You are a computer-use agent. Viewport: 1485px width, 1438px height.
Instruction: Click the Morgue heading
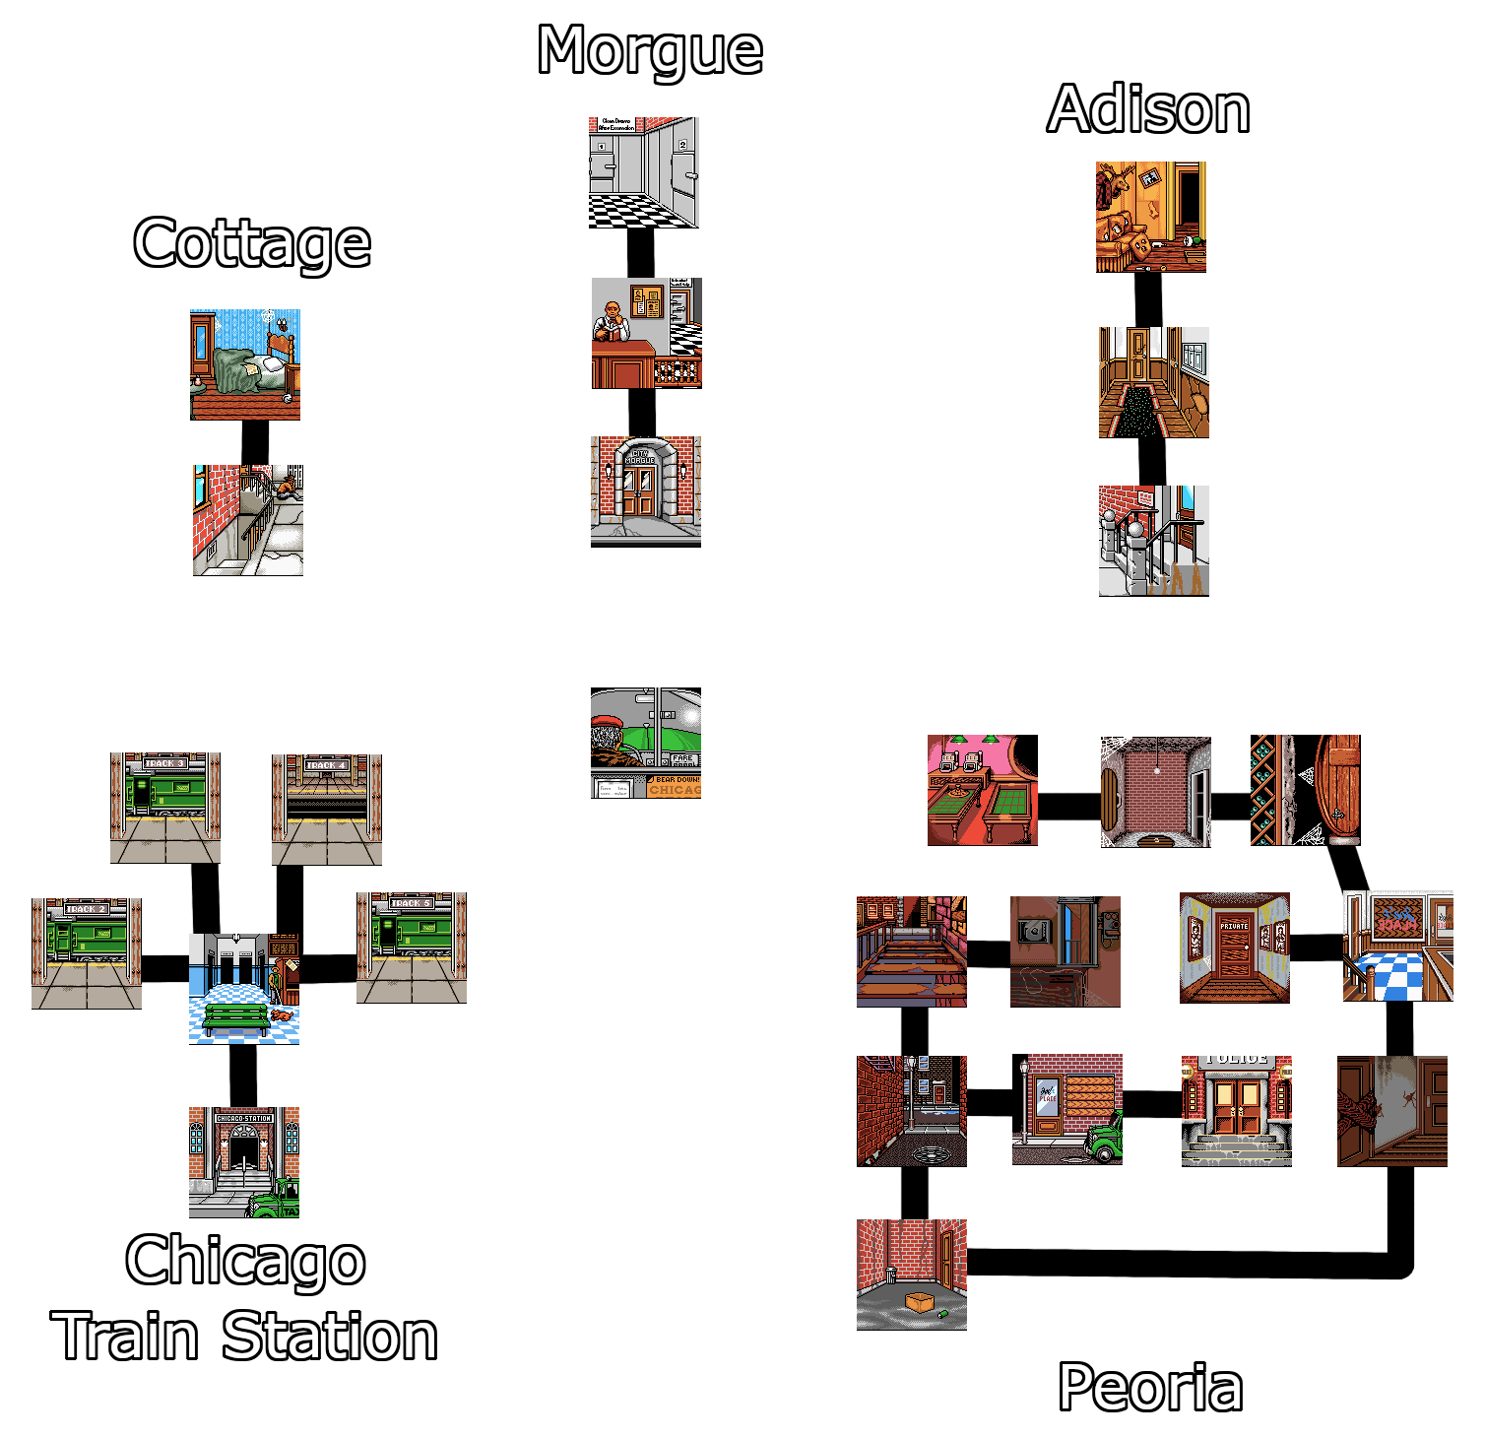(650, 51)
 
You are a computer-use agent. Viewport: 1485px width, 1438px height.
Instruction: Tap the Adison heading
(1148, 109)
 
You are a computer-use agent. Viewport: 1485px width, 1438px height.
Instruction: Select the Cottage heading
(251, 243)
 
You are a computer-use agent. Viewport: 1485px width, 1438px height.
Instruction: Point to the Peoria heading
(1149, 1388)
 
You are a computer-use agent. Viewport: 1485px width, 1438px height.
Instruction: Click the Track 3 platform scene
(165, 809)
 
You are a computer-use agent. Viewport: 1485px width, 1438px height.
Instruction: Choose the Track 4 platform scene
(327, 810)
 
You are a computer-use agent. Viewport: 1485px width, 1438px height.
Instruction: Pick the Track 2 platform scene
(87, 953)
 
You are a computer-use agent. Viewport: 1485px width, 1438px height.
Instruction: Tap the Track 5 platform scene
(412, 948)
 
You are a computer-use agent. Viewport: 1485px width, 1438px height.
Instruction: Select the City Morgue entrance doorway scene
(646, 490)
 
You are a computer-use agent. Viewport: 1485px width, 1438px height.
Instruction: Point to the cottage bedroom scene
(245, 364)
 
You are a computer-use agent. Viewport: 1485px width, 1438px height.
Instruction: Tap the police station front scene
(1237, 1110)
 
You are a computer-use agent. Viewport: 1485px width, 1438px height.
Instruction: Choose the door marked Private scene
(1235, 947)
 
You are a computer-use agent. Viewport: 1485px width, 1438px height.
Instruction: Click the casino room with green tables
(983, 790)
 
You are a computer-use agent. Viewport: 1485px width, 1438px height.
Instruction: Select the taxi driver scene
(646, 743)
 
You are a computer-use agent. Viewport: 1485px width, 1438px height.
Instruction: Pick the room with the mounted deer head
(1151, 217)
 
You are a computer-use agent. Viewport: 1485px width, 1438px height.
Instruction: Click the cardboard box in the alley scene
(920, 1302)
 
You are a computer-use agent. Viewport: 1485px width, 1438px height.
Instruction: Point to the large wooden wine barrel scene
(1337, 790)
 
